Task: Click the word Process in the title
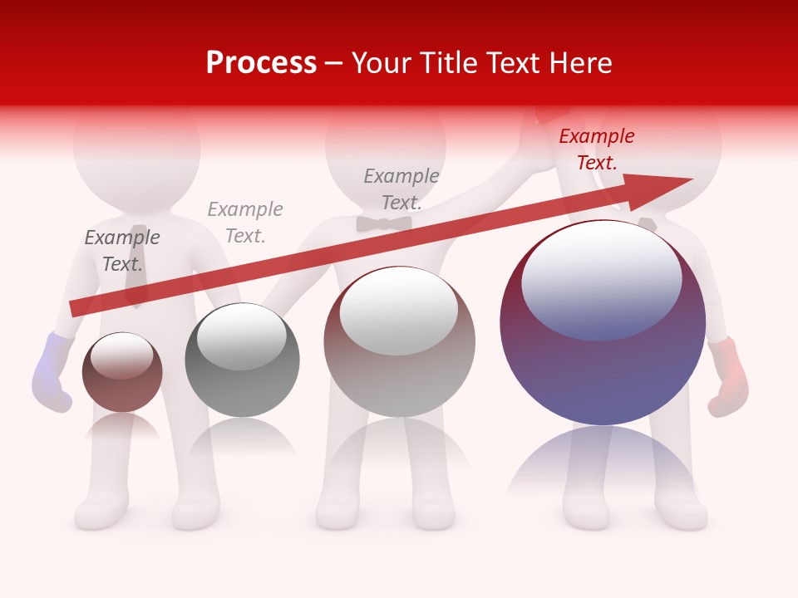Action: click(x=261, y=63)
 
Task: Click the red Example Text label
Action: click(x=596, y=149)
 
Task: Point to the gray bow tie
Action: click(x=384, y=223)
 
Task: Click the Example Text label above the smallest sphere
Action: click(x=122, y=251)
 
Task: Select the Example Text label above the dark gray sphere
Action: click(x=245, y=223)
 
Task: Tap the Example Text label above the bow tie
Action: click(x=401, y=189)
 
